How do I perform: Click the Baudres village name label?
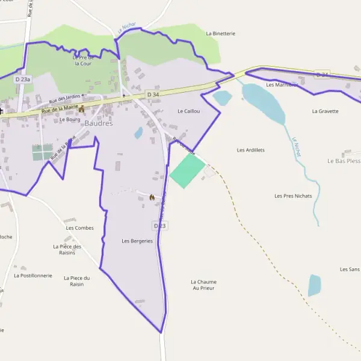click(x=99, y=123)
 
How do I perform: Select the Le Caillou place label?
click(x=188, y=111)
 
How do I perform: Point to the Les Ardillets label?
click(x=251, y=150)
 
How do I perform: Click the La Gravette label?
click(x=325, y=111)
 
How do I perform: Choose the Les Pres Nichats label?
click(x=293, y=196)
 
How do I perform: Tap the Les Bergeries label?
click(x=137, y=241)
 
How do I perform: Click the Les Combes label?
click(x=79, y=228)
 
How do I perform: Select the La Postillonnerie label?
click(x=33, y=276)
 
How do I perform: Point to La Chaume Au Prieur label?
click(x=203, y=285)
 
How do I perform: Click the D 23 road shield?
click(x=159, y=226)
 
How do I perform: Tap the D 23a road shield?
click(x=22, y=79)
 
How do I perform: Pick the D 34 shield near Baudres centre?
click(x=152, y=94)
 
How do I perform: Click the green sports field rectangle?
click(x=187, y=171)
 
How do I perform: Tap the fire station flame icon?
click(x=152, y=197)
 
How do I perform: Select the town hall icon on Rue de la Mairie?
click(x=81, y=109)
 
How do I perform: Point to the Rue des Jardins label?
click(x=65, y=99)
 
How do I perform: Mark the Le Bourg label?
click(x=70, y=119)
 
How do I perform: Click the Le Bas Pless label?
click(x=344, y=161)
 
